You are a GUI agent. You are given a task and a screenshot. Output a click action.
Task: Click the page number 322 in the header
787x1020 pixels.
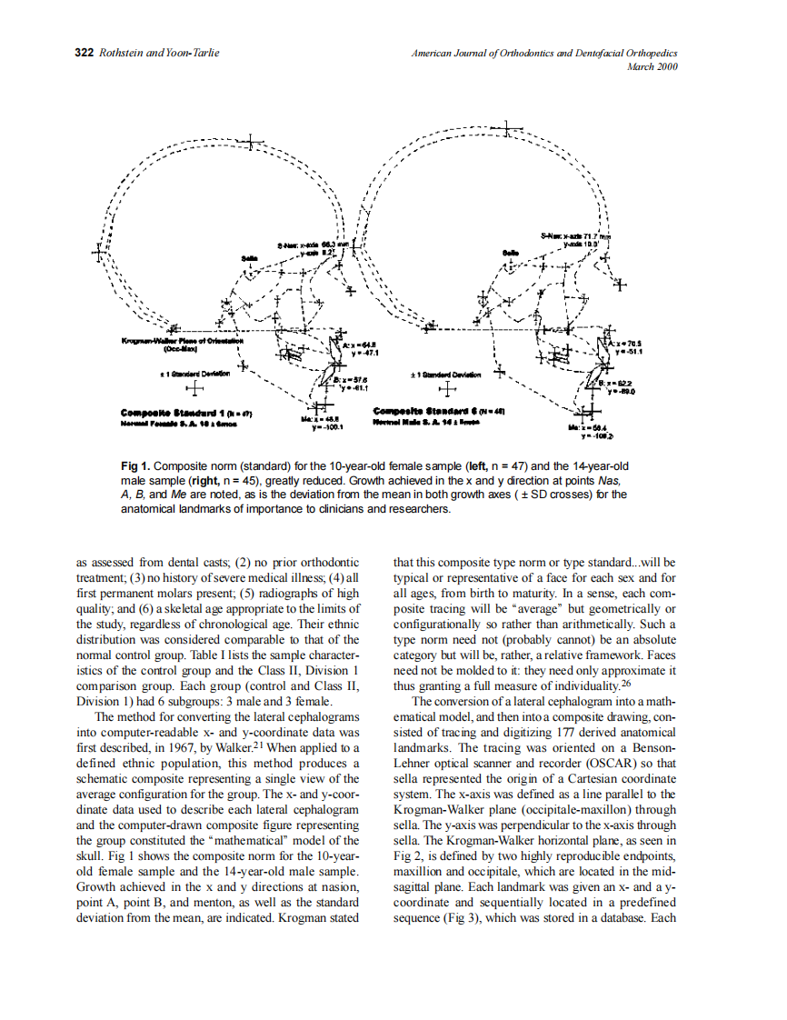83,53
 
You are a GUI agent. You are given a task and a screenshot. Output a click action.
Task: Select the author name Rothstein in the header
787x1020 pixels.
121,53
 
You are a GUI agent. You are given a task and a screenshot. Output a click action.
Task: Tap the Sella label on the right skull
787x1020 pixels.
511,251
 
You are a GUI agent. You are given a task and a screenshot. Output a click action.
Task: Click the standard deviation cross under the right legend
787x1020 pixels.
446,390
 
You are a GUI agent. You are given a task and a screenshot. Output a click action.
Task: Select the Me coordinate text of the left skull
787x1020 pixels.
324,423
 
